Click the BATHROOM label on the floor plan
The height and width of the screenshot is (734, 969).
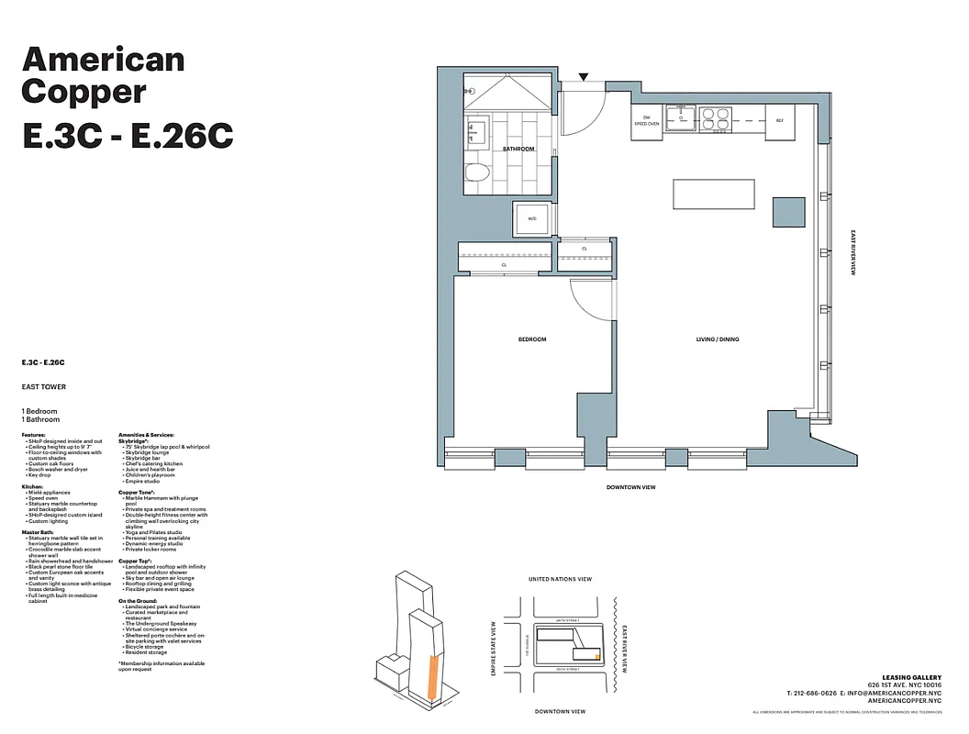tap(518, 148)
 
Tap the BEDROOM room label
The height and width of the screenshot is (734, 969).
tap(532, 339)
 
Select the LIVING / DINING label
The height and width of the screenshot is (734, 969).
tap(717, 339)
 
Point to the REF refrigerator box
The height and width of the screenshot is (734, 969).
tap(780, 121)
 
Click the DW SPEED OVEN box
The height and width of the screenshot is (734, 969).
tap(646, 121)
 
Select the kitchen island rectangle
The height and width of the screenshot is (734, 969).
tap(714, 194)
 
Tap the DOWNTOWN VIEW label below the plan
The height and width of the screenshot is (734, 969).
tap(631, 487)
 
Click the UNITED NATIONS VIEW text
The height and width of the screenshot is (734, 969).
tap(561, 579)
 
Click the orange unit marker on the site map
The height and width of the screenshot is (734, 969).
tap(597, 657)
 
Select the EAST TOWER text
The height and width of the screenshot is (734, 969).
tap(44, 387)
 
